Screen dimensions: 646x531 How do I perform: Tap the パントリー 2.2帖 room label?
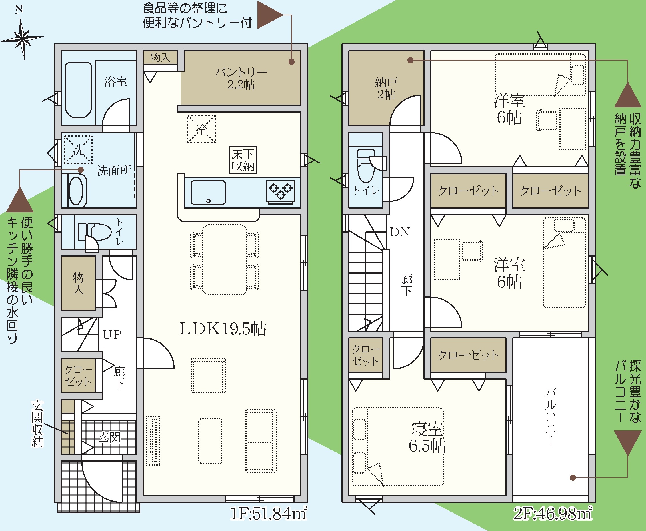coord(241,78)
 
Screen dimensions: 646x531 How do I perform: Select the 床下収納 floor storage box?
coord(243,160)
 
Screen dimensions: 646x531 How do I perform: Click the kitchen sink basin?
coord(208,193)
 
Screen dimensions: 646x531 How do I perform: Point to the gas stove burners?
coord(281,191)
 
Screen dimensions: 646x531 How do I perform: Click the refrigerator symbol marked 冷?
coord(201,129)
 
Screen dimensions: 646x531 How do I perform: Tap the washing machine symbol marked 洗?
coord(78,150)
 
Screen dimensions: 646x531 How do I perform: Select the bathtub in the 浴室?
coord(78,90)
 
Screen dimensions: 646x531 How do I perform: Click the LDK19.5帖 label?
coord(223,329)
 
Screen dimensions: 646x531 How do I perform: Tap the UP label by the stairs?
coord(112,335)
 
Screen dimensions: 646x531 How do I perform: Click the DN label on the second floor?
coord(400,232)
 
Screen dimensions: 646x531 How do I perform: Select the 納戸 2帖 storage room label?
coord(386,88)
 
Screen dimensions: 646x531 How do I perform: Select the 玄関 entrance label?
coord(109,437)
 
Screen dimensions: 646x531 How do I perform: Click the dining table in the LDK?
coord(225,260)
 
